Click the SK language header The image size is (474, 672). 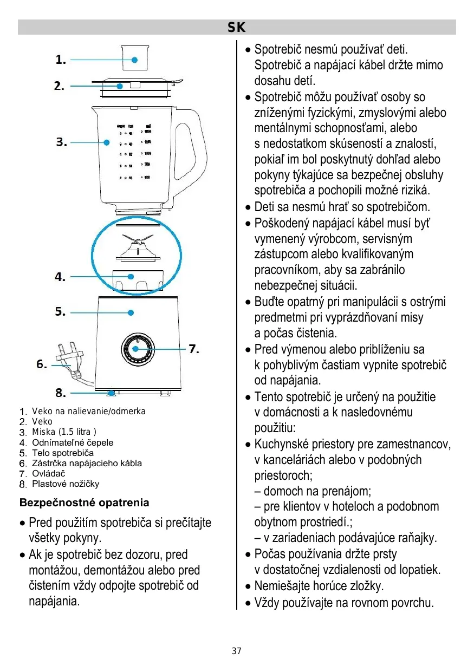[x=237, y=27]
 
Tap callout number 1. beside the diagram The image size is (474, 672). [x=61, y=61]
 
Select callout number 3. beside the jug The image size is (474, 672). [x=61, y=142]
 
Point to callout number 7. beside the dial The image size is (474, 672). [x=194, y=349]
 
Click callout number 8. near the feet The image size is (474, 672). [x=60, y=393]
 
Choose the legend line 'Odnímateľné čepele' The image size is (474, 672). [x=73, y=442]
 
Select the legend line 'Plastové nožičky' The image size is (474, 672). [x=66, y=484]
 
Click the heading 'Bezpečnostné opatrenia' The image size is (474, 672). [x=84, y=503]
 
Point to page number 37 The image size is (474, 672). [x=237, y=651]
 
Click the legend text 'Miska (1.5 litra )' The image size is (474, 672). [x=64, y=432]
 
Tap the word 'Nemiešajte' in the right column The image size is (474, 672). [x=281, y=586]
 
